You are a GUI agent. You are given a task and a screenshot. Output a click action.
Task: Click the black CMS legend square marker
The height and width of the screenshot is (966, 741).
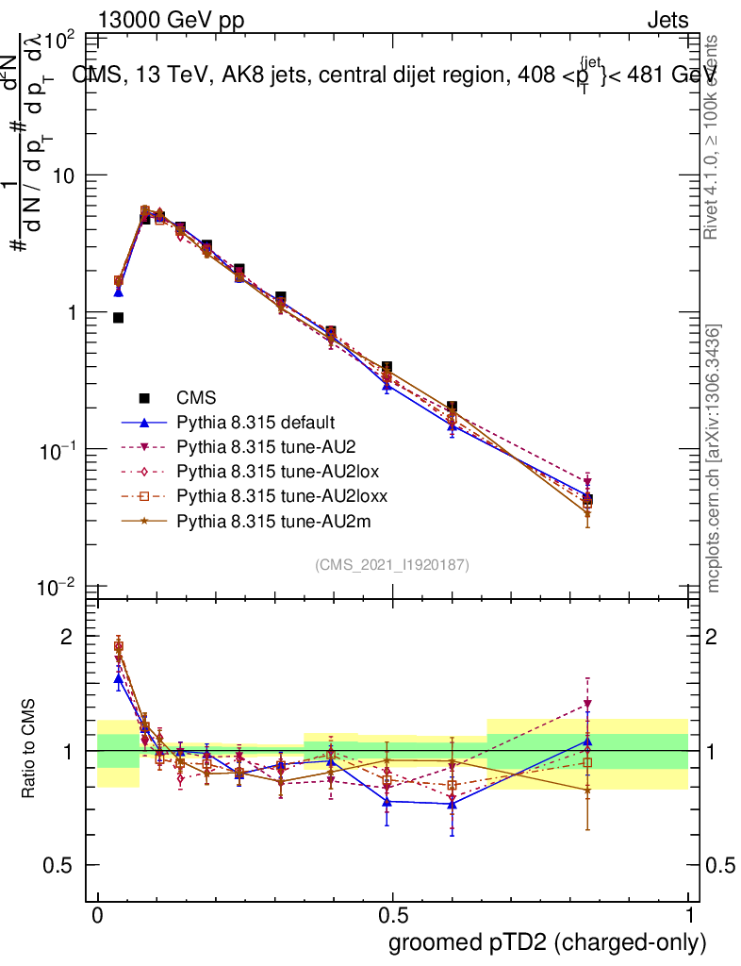point(144,398)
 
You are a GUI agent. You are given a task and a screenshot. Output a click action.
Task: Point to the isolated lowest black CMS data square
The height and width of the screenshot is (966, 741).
point(118,318)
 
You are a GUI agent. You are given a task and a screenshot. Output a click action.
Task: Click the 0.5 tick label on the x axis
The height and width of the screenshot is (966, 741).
point(393,916)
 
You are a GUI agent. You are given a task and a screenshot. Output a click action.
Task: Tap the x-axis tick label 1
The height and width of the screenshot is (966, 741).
point(688,916)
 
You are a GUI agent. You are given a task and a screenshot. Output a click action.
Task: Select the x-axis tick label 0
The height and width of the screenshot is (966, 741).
point(97,916)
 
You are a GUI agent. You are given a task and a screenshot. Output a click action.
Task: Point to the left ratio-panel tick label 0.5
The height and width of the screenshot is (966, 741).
point(58,865)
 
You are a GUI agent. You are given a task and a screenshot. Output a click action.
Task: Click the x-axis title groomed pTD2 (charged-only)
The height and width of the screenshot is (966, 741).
point(547,942)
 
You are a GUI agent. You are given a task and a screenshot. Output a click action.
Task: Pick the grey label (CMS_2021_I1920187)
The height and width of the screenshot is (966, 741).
point(392,565)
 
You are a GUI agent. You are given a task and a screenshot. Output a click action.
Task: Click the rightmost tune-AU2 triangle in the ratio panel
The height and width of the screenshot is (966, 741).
point(587,704)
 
